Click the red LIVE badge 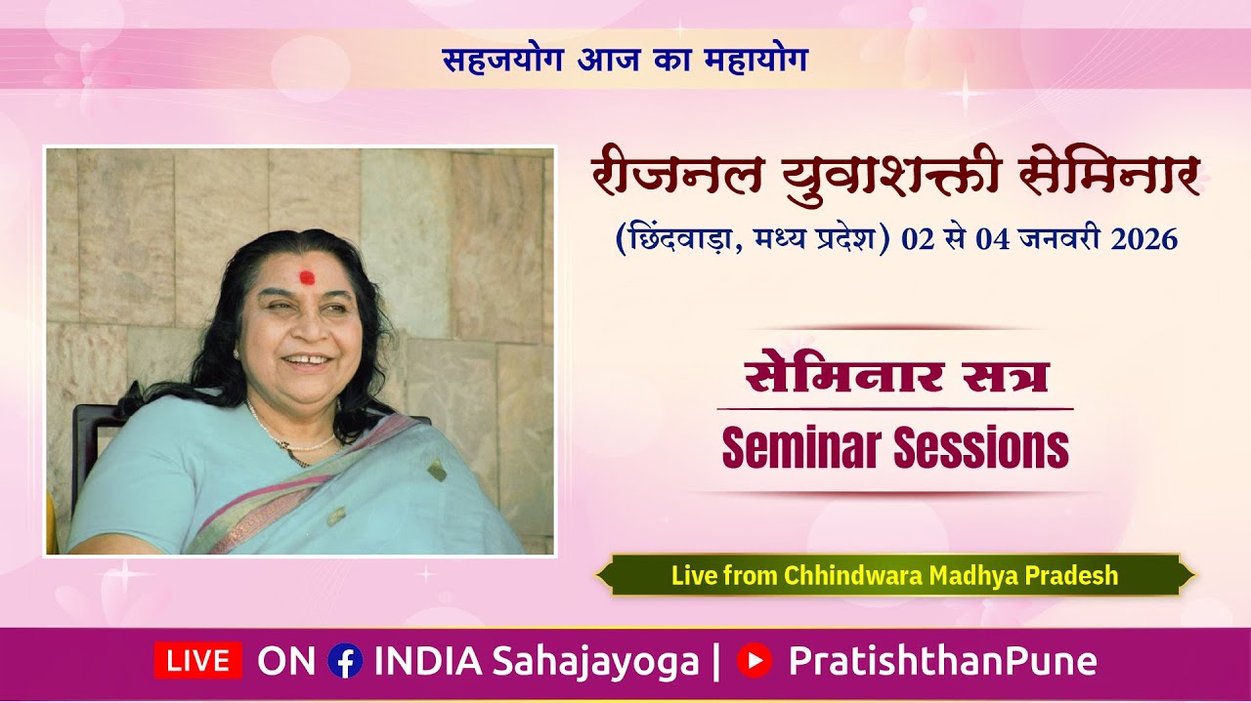click(x=197, y=661)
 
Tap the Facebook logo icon click(x=345, y=661)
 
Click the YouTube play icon click(x=754, y=661)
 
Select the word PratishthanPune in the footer click(x=942, y=661)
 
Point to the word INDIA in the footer click(x=427, y=661)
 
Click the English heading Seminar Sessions click(x=894, y=448)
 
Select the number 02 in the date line click(x=919, y=239)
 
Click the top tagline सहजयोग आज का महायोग click(x=625, y=60)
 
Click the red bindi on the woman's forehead click(x=307, y=276)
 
